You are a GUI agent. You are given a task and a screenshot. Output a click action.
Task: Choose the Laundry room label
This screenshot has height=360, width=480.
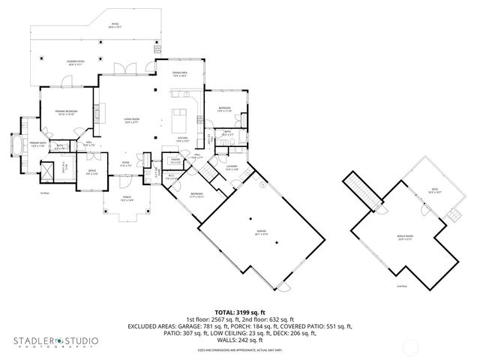pos(232,167)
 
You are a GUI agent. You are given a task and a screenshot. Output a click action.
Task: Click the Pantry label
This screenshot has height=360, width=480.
pos(175,161)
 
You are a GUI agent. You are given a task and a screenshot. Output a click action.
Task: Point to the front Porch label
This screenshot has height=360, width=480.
pos(126,199)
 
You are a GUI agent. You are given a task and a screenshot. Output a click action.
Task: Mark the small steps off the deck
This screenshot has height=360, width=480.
pos(452,216)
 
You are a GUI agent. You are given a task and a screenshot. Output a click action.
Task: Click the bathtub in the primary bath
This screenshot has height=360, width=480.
pos(13,144)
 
